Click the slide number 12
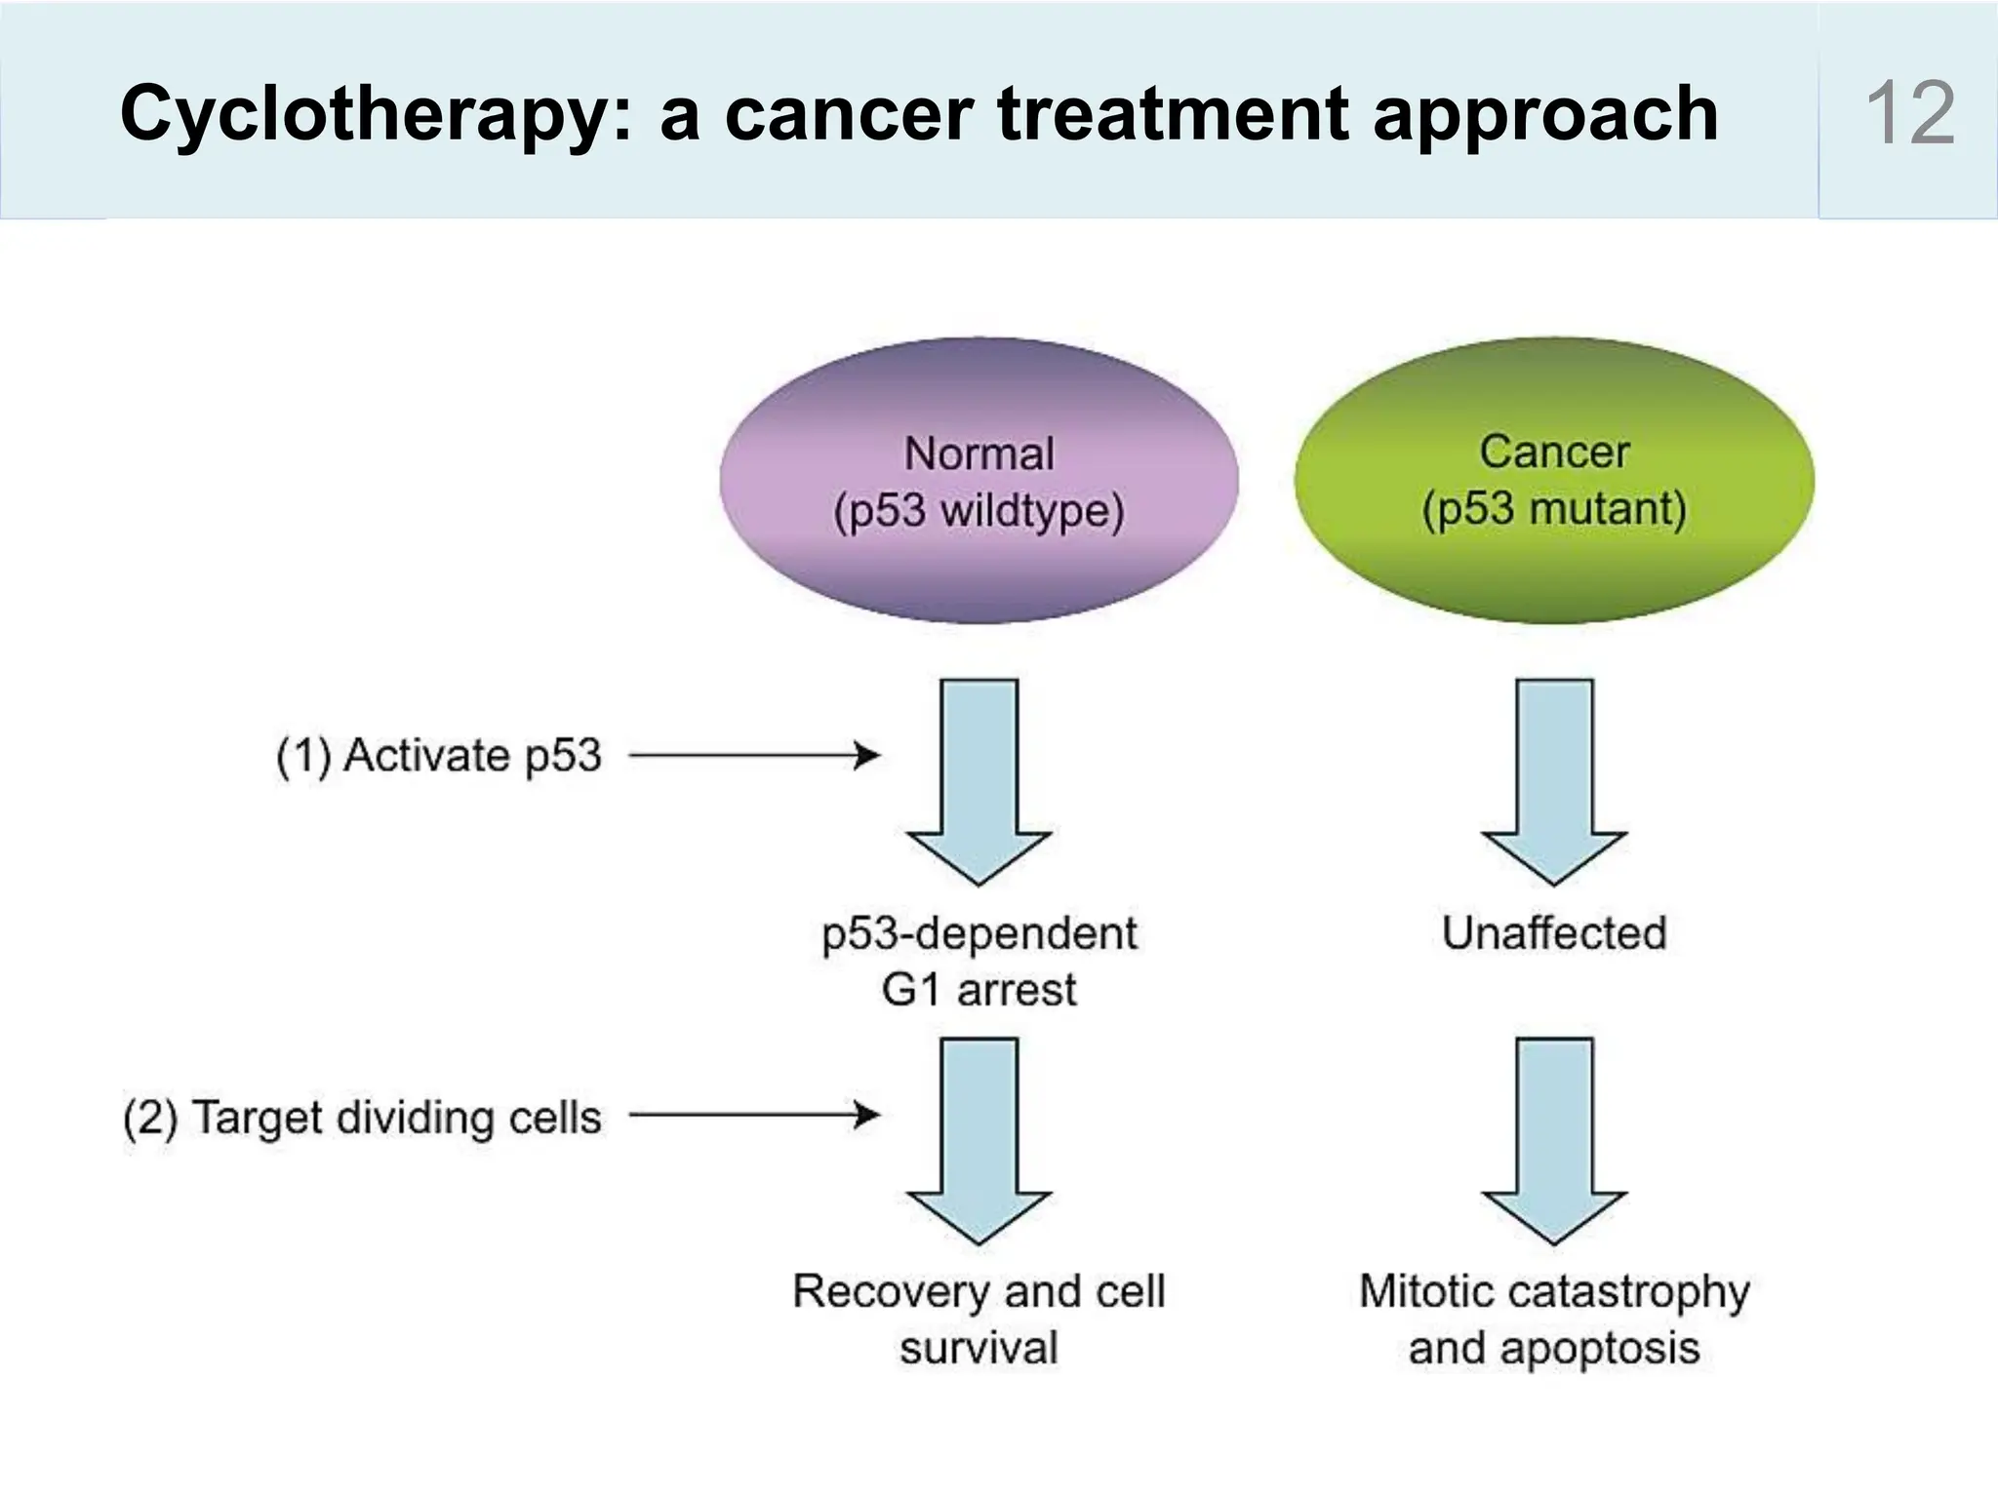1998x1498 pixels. click(x=1909, y=114)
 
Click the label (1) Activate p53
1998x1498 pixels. click(x=439, y=756)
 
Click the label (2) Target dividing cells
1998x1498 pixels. click(x=362, y=1117)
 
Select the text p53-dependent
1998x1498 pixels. click(x=979, y=933)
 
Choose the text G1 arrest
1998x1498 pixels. click(x=979, y=990)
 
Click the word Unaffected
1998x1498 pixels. click(x=1553, y=933)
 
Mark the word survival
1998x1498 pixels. click(x=979, y=1349)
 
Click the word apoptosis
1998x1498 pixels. click(x=1600, y=1349)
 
